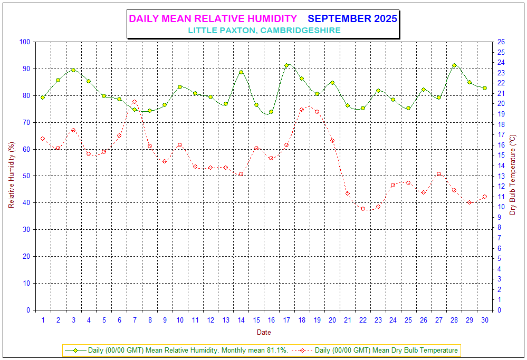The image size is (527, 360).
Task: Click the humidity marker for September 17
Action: point(286,65)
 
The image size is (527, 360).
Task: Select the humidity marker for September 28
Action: point(454,65)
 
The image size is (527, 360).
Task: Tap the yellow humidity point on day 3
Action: point(73,70)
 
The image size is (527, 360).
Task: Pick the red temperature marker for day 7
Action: point(135,102)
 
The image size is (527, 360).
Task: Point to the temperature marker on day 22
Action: point(363,209)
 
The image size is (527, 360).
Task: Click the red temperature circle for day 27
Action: point(439,174)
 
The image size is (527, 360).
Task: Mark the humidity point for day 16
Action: point(271,112)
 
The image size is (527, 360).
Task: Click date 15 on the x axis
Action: point(256,319)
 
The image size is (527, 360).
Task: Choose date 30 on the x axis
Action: point(484,319)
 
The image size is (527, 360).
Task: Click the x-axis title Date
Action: point(264,333)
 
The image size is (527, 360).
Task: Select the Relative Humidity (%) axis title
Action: point(11,176)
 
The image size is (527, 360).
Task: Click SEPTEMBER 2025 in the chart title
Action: point(352,19)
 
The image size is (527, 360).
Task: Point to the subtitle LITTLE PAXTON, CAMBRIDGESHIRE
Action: point(264,31)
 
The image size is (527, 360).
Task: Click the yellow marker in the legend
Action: point(75,350)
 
